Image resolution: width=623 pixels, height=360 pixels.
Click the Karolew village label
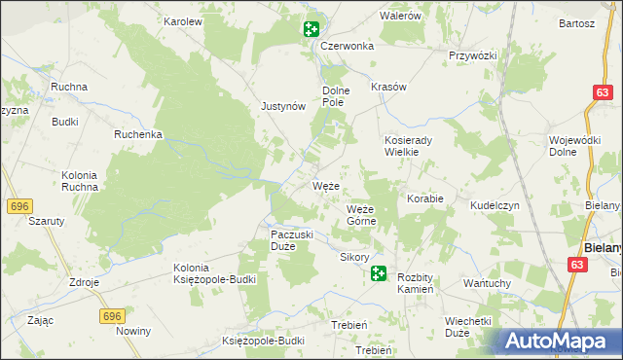(182, 20)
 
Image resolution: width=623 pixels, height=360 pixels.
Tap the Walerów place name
(399, 17)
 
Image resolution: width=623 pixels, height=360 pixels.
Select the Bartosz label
(576, 22)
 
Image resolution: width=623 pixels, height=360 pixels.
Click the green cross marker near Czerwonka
(311, 29)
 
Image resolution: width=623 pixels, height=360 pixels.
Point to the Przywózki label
(473, 55)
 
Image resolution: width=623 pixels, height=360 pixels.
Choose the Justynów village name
(284, 107)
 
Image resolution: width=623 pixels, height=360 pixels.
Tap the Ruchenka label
(137, 134)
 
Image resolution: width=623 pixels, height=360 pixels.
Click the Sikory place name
(354, 258)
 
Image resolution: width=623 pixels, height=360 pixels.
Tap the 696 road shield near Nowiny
(112, 316)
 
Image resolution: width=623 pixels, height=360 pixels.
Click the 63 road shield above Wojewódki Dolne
(602, 92)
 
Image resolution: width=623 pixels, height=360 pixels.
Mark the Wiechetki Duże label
(470, 326)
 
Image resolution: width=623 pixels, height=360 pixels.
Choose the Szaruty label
(46, 221)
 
